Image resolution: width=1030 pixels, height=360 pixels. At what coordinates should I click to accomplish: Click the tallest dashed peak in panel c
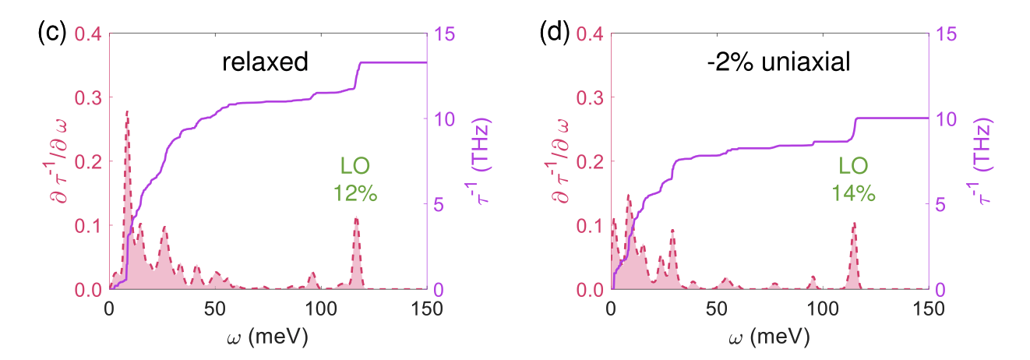coord(127,112)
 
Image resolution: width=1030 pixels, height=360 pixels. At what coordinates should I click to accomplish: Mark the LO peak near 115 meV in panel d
coord(855,224)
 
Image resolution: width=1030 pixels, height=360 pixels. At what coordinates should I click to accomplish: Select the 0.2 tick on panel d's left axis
coord(590,161)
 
